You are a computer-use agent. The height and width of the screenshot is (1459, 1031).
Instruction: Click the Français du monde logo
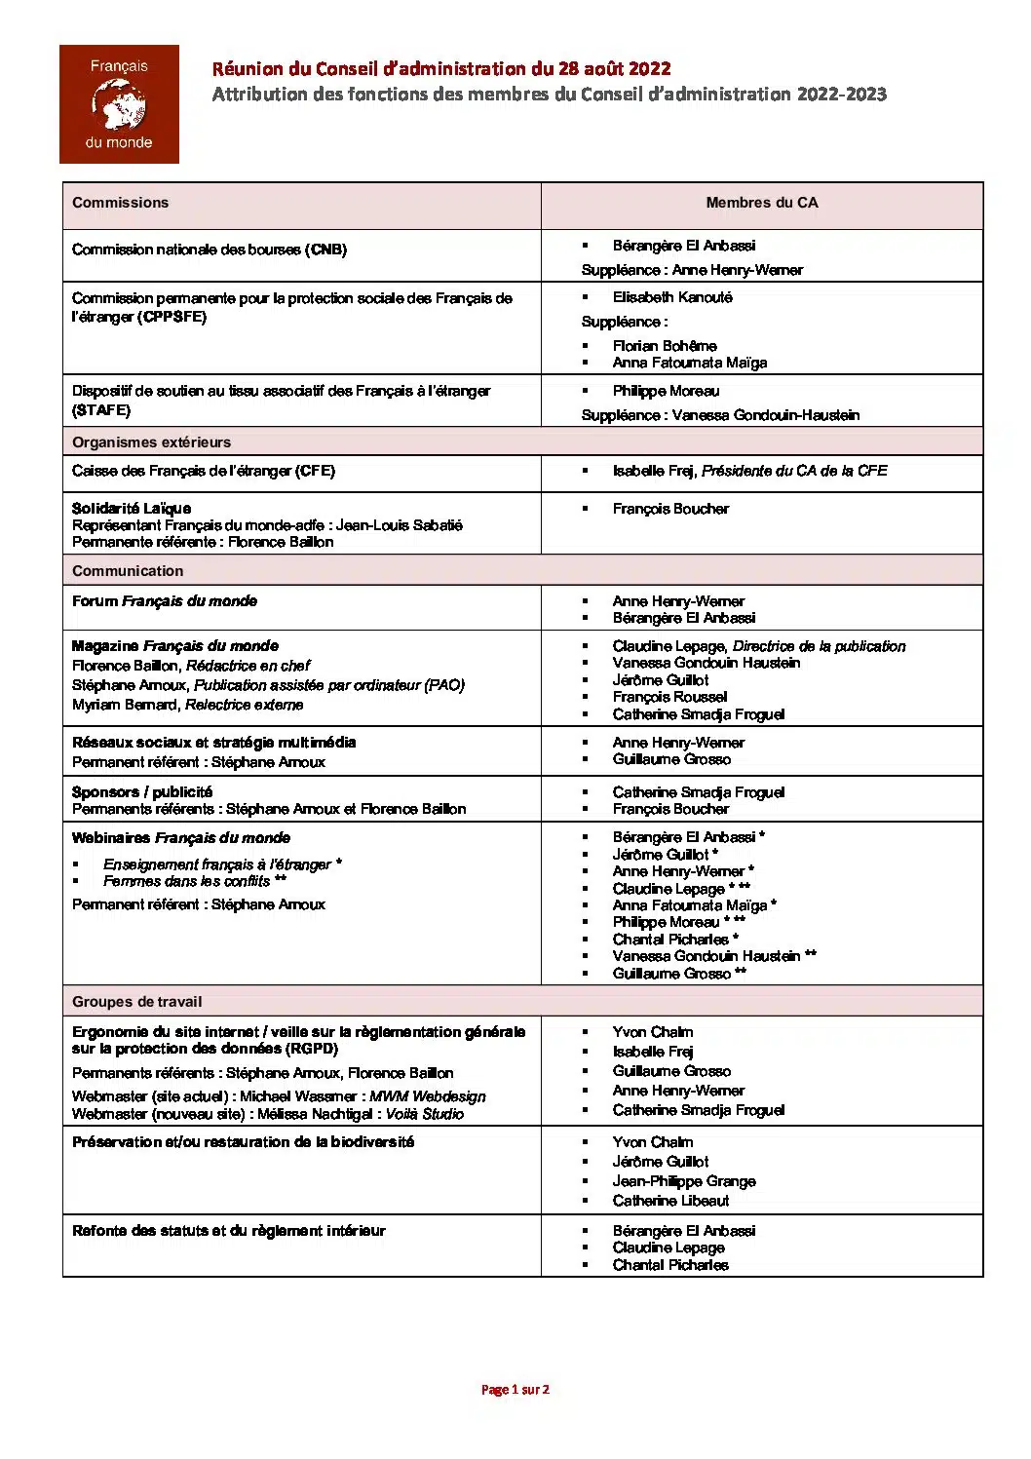point(119,104)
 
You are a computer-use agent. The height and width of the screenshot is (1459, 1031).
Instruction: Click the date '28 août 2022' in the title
point(614,68)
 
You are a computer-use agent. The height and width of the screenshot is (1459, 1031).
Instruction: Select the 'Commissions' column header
point(120,203)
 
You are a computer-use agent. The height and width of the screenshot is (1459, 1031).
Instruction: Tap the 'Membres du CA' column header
point(761,203)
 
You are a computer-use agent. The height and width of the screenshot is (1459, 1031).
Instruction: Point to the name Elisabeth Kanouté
point(672,297)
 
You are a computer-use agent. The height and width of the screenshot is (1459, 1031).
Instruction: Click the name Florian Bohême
point(665,346)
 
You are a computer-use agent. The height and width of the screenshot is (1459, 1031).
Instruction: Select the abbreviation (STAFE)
point(101,410)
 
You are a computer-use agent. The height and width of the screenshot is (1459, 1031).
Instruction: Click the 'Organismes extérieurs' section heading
point(151,442)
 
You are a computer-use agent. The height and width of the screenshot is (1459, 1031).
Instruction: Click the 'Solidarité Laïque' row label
point(132,508)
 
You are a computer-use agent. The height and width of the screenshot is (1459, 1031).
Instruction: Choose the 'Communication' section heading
point(128,571)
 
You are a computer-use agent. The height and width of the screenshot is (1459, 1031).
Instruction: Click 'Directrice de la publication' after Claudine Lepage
point(819,646)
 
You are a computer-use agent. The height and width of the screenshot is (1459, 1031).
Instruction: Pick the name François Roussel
point(669,697)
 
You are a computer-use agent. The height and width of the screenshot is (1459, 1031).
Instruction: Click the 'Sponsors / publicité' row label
point(142,792)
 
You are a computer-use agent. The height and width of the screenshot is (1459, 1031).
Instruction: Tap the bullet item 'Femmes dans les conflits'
point(187,881)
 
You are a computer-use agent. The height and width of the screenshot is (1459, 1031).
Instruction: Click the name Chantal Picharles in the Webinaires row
point(670,940)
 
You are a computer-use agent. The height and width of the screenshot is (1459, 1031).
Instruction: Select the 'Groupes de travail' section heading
point(136,1002)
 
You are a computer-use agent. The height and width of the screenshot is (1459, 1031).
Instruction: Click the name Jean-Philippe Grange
point(684,1181)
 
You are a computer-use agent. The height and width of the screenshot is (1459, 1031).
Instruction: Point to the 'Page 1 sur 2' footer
point(515,1390)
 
